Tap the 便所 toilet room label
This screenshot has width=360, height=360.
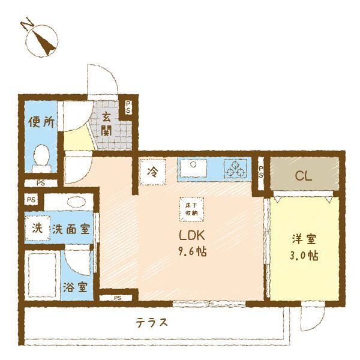[x=42, y=122]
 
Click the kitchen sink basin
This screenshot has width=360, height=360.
[x=194, y=169]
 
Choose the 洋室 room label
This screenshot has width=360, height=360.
[x=302, y=239]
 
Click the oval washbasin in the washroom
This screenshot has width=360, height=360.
[x=76, y=202]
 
